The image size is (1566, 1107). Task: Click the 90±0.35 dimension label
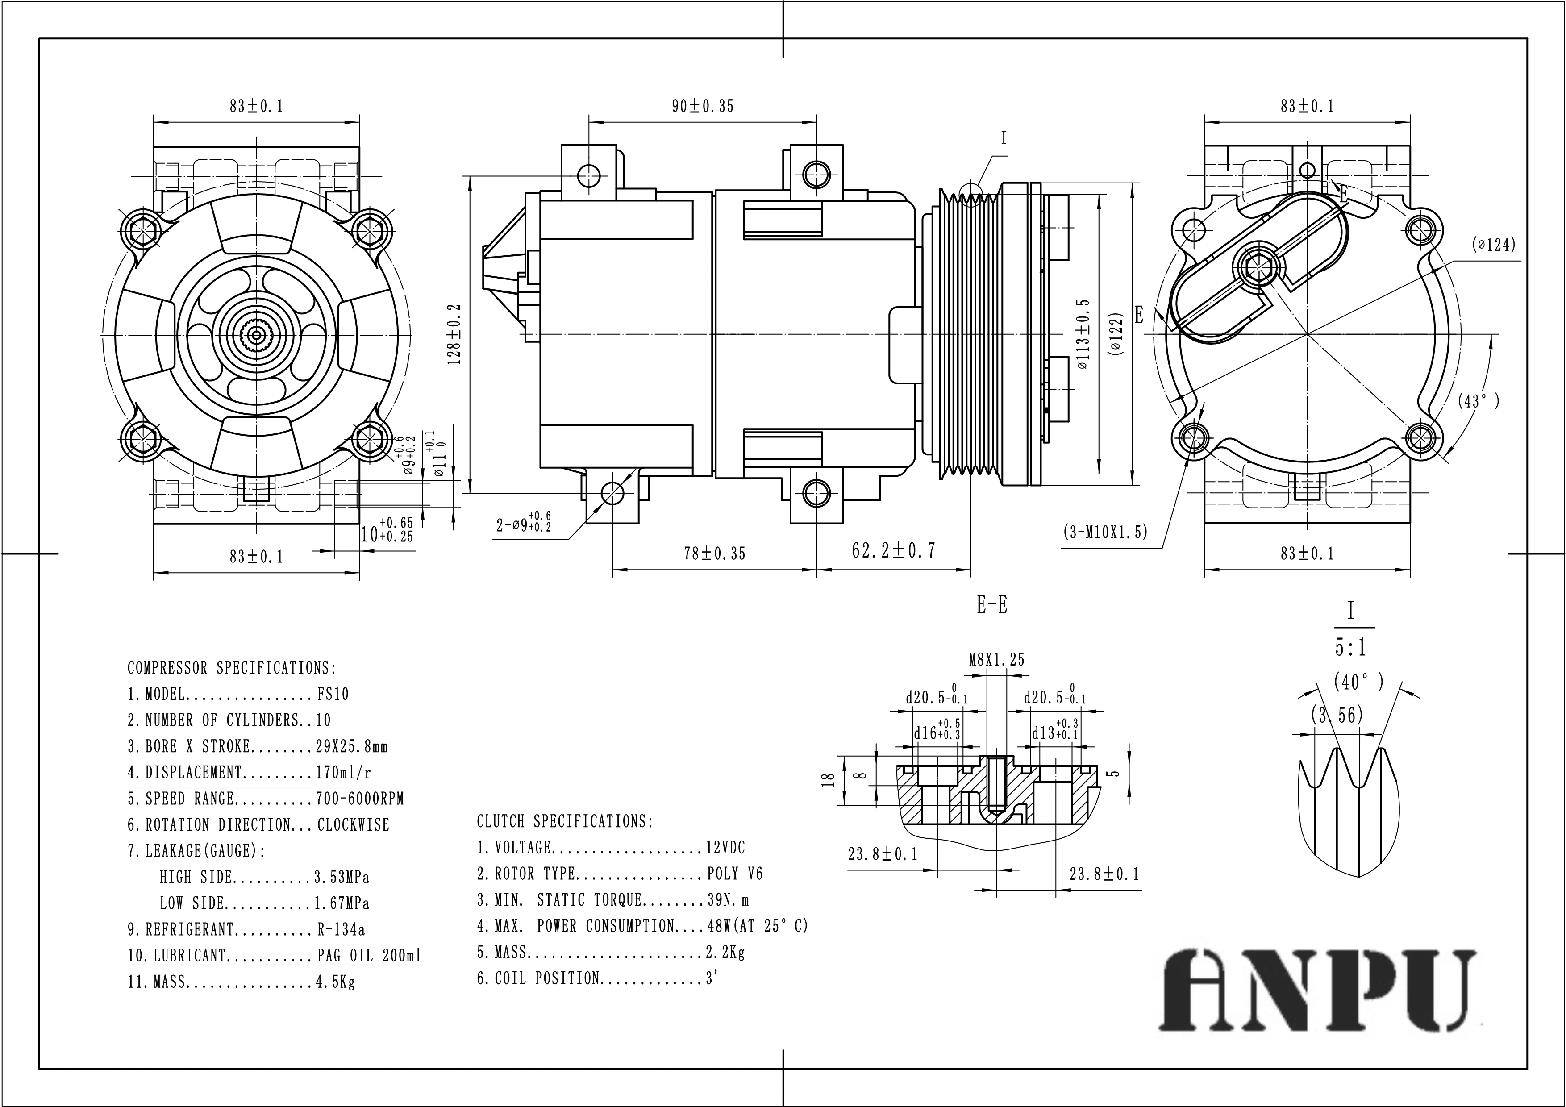tap(703, 106)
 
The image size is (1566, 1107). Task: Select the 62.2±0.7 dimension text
tap(894, 550)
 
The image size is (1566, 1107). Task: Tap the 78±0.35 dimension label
tap(714, 553)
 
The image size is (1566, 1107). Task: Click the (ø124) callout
tap(1493, 244)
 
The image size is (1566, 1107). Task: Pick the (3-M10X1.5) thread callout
tap(1105, 531)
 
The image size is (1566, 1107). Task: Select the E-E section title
tap(992, 605)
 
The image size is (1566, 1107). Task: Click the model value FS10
tap(333, 695)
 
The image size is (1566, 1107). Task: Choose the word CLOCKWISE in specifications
tap(353, 824)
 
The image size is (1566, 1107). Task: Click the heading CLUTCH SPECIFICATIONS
tap(565, 821)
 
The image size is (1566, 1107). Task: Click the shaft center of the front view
tap(256, 334)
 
